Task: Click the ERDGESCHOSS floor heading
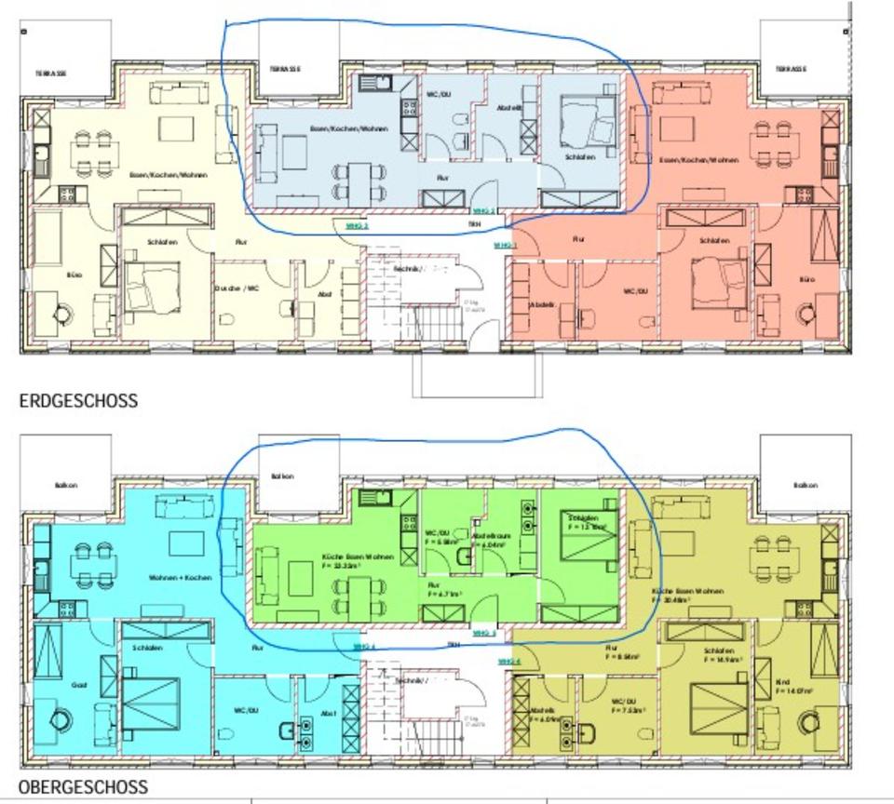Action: pos(78,401)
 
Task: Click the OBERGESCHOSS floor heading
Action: pos(83,787)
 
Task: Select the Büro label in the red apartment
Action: pos(806,279)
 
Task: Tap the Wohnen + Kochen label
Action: pos(180,578)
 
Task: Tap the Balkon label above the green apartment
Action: pos(282,476)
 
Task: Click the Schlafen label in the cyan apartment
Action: pos(148,648)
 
